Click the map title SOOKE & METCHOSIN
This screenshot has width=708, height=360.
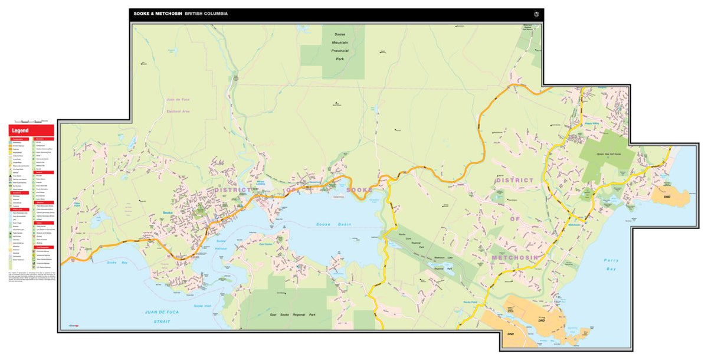coord(158,14)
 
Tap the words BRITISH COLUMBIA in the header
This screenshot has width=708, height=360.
coord(206,14)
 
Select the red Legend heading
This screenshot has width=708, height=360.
coord(20,130)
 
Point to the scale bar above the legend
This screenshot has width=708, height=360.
coord(27,120)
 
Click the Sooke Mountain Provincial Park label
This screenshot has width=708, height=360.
coord(340,43)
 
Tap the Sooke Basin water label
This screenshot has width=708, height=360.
coord(333,225)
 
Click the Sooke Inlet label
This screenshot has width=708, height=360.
coord(202,306)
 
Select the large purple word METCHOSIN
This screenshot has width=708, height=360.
coord(514,258)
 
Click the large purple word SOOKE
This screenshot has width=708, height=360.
coord(359,189)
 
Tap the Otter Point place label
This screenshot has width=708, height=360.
coord(77,204)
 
